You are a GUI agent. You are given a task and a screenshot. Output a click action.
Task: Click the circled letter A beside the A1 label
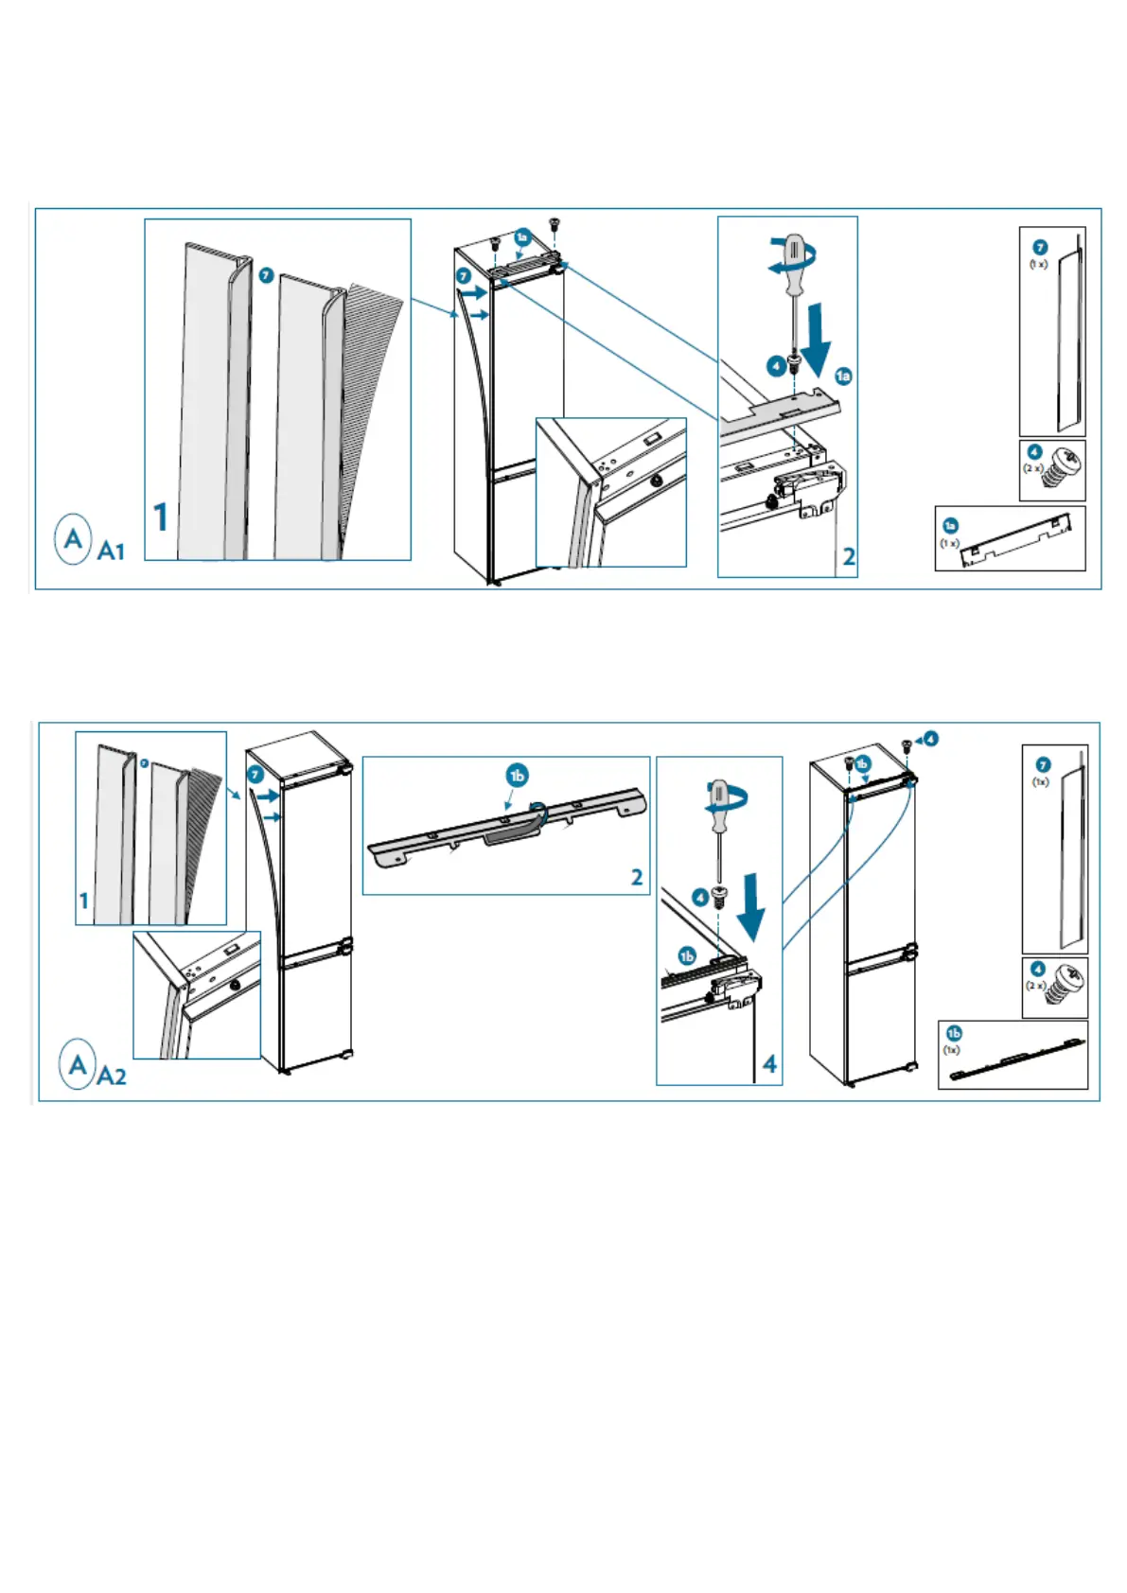coord(73,539)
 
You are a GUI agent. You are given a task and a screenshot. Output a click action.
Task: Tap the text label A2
coord(112,1076)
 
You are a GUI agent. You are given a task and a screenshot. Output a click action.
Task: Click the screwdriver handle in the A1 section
coord(796,255)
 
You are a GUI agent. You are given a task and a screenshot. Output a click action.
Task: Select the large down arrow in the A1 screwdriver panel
coord(815,337)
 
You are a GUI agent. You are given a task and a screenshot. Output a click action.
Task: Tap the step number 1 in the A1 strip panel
coord(161,516)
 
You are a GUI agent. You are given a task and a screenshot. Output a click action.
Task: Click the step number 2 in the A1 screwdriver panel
coord(849,556)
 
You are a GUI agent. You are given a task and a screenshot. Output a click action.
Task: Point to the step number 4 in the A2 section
coord(770,1064)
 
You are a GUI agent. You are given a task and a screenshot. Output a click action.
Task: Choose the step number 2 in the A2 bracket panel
coord(637,877)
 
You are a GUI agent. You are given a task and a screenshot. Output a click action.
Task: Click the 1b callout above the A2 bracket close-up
coord(517,776)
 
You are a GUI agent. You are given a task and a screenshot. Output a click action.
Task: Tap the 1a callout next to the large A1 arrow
coord(843,376)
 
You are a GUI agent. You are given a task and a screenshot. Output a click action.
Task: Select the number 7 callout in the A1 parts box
coord(1040,247)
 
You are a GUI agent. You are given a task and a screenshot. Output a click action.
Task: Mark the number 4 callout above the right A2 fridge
coord(931,739)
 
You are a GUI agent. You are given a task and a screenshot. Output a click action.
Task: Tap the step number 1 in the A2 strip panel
coord(84,901)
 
